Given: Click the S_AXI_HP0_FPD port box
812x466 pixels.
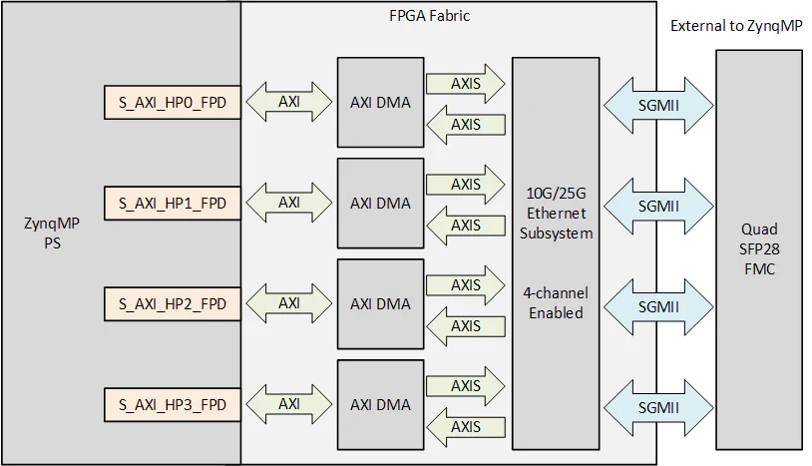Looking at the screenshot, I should (x=173, y=102).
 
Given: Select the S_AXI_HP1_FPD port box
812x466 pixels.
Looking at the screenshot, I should (x=173, y=203).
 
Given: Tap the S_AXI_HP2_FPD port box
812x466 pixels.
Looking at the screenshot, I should (x=173, y=303).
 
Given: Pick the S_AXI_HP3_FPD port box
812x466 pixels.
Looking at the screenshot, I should (x=173, y=404).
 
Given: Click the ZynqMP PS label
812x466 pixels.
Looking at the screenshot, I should (x=51, y=233).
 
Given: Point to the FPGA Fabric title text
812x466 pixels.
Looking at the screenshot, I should (x=429, y=16).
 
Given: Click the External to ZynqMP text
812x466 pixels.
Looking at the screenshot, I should (x=736, y=26).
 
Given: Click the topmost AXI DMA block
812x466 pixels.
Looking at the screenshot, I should (x=380, y=102).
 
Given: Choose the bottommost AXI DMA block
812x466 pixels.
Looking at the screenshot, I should (x=380, y=404).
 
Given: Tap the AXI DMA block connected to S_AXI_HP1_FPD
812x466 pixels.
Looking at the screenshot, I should (x=380, y=203).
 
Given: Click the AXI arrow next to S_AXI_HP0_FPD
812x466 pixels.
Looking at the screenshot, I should (x=289, y=102).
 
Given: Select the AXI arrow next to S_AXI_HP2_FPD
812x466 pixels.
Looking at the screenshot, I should (x=289, y=303).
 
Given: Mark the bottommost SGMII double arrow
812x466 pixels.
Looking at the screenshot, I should (x=659, y=406).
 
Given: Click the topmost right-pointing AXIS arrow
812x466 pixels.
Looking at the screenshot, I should (x=466, y=84).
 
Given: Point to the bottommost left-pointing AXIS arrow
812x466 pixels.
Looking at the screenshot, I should (x=466, y=426).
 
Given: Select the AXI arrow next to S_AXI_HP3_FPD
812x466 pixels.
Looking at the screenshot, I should (x=289, y=404).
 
